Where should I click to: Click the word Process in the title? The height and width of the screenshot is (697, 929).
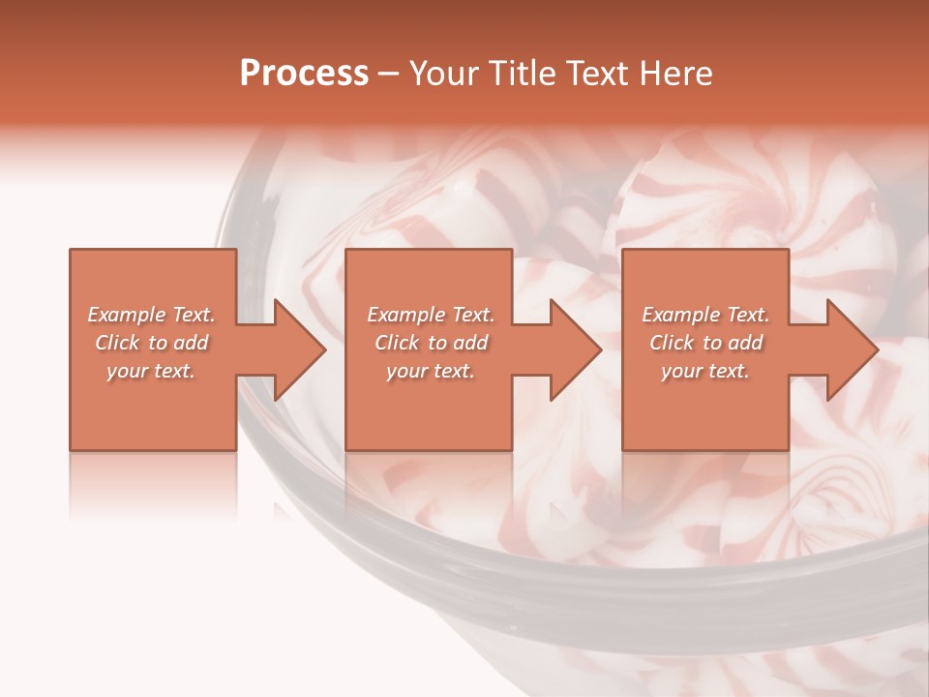(x=304, y=74)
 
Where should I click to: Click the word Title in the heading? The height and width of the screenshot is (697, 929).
(x=520, y=74)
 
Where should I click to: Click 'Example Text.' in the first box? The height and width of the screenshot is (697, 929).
(x=151, y=315)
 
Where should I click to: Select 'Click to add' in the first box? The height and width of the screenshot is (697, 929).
(x=151, y=343)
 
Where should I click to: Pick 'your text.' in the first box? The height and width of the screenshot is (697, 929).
(x=151, y=371)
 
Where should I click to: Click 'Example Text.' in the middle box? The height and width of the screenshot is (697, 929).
(x=430, y=315)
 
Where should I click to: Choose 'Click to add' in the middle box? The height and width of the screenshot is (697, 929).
(x=430, y=343)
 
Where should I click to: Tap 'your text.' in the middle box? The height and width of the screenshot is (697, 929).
(x=430, y=371)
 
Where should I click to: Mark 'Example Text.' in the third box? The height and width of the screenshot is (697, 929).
(x=705, y=315)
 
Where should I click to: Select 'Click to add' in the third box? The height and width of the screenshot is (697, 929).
(x=705, y=343)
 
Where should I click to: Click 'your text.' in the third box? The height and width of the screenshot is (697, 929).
(x=705, y=371)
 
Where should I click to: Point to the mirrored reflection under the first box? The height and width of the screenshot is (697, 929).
(x=153, y=484)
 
